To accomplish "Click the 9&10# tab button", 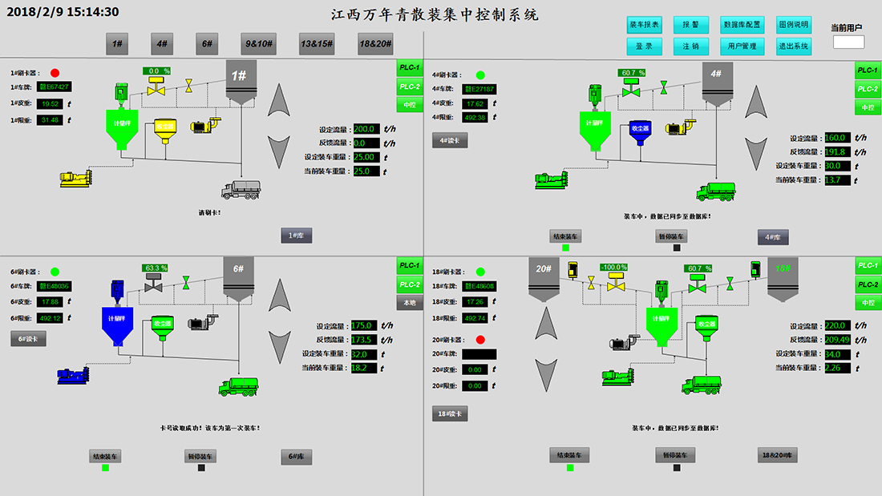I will click(x=258, y=44).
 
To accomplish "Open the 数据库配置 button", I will click(x=742, y=25).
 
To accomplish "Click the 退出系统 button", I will click(x=794, y=46).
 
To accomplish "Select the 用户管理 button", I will click(x=742, y=46).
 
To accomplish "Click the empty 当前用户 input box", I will click(x=849, y=42).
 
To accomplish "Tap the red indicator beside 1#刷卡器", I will click(x=55, y=72).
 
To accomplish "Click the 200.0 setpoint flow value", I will click(x=366, y=128).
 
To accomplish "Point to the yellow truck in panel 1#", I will click(x=241, y=189).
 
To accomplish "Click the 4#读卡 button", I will click(x=449, y=140).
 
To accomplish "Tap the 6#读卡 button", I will click(x=28, y=339).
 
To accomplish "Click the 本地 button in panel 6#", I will click(x=410, y=303).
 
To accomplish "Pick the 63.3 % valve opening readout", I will click(x=156, y=268).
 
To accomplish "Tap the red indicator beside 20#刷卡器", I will click(x=480, y=340).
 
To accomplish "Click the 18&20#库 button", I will click(x=778, y=455).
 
